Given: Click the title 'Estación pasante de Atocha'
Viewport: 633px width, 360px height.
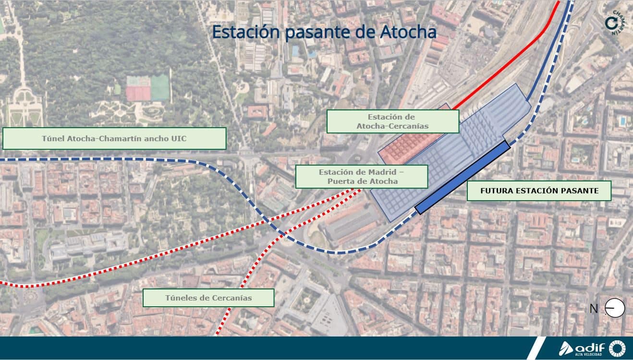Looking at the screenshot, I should pos(324,32).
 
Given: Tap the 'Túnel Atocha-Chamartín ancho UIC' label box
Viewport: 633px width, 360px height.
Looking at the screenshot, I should pos(114,139).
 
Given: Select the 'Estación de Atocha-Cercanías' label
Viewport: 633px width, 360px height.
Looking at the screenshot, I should pos(392,121).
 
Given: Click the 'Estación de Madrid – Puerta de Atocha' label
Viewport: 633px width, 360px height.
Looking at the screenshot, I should pos(361,177).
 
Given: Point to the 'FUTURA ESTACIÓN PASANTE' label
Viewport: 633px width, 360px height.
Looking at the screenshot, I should pos(539,191).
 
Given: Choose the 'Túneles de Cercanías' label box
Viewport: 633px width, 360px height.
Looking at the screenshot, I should pos(208,298).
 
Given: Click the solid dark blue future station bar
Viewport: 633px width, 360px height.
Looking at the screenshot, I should pos(462,178).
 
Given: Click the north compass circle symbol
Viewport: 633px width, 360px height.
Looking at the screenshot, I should pos(615,308).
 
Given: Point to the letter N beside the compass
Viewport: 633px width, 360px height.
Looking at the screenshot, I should pos(594,309).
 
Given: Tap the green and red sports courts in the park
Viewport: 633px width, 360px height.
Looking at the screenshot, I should pos(148,88).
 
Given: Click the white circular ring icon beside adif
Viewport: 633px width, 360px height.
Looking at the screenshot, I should pos(617,348).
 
